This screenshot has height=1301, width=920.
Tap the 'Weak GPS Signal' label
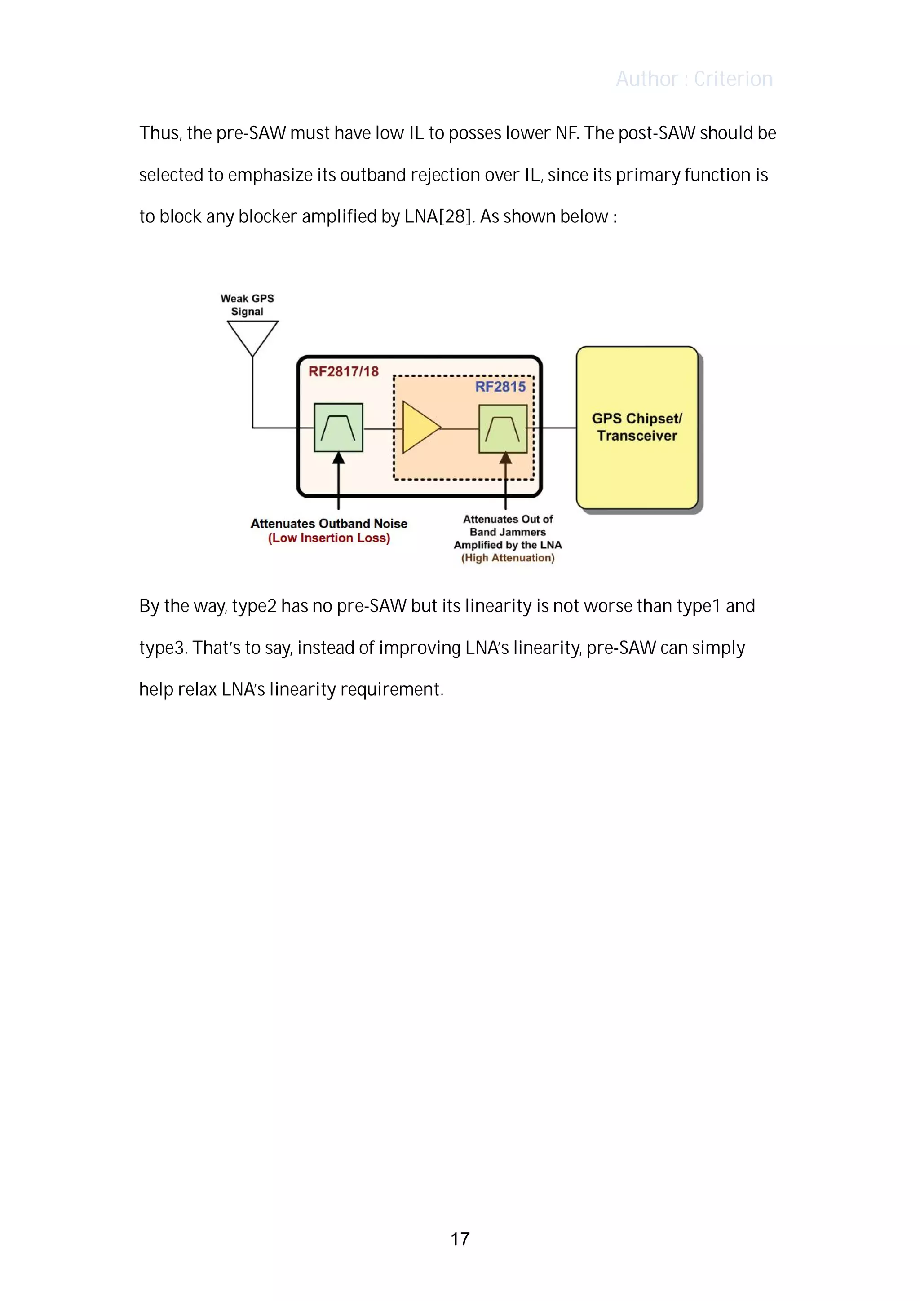[x=247, y=305]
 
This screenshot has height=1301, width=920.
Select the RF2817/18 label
[x=343, y=372]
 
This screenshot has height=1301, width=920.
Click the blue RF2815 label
[x=500, y=387]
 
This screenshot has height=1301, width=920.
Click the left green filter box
[x=338, y=427]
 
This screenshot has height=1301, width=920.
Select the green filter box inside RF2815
[x=503, y=428]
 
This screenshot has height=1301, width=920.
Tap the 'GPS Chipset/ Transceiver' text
[x=637, y=427]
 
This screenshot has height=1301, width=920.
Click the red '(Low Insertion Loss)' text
[x=329, y=538]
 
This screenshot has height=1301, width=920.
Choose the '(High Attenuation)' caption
[x=507, y=558]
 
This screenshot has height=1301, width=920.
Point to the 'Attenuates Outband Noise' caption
[x=329, y=524]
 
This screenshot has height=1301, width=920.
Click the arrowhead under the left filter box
[x=338, y=459]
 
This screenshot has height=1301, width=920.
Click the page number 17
[x=460, y=1239]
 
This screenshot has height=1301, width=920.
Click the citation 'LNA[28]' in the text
[x=438, y=216]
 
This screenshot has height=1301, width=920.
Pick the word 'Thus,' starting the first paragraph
[x=160, y=133]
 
